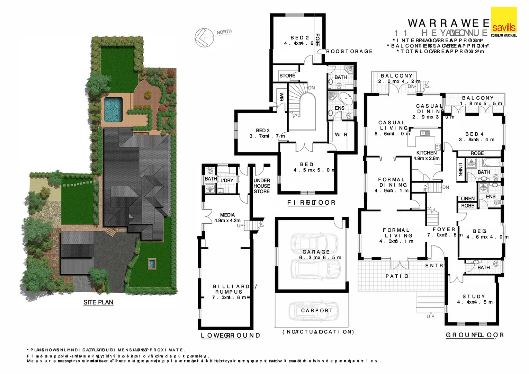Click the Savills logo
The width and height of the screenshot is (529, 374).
pos(504,22)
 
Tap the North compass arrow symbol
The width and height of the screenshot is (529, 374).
pos(204,37)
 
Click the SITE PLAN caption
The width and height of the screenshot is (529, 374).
pos(98,302)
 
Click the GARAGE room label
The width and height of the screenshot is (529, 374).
pos(316,252)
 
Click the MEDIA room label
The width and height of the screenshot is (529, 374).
pos(227,215)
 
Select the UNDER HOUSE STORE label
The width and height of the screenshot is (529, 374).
pos(262,186)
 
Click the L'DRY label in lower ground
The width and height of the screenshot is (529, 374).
pos(227,180)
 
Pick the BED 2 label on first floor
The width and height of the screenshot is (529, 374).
pos(299,38)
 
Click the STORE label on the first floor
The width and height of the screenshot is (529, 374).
pos(287,75)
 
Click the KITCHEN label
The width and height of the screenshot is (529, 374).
pos(426,153)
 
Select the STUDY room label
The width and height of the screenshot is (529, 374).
pos(474,296)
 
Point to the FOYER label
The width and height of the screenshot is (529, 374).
pos(444,229)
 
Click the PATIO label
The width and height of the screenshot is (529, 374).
pos(397,276)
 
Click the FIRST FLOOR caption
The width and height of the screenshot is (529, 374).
pos(311,203)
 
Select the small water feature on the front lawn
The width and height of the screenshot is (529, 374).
pos(151,264)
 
